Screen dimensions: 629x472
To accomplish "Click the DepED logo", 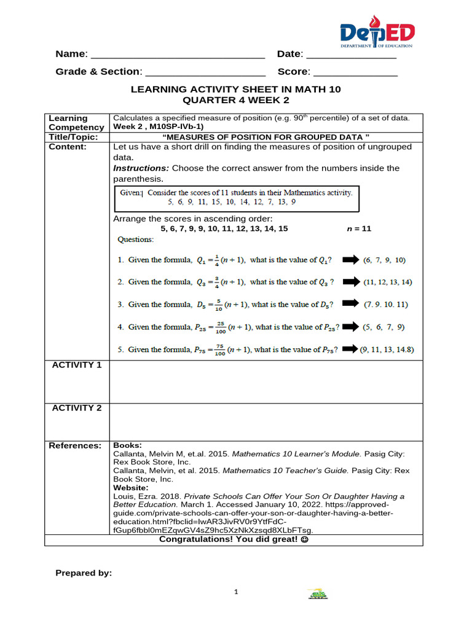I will (x=377, y=33).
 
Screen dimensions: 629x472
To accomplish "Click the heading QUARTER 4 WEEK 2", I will (x=235, y=100).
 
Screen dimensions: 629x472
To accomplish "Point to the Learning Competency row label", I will (x=68, y=122).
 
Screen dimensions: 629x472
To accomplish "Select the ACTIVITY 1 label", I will (x=77, y=365).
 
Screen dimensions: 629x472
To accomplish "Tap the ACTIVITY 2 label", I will (x=77, y=408).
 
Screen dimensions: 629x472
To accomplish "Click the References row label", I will (x=74, y=445).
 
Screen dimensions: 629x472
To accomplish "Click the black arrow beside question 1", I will (x=351, y=260).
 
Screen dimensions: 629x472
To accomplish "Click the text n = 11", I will (x=359, y=229).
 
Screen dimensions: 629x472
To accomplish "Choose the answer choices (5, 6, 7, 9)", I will (x=384, y=327).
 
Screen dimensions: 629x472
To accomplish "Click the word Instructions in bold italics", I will (x=141, y=168).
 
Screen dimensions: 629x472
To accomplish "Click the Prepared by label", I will (x=84, y=573).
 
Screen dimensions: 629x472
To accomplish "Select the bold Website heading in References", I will (x=130, y=488).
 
